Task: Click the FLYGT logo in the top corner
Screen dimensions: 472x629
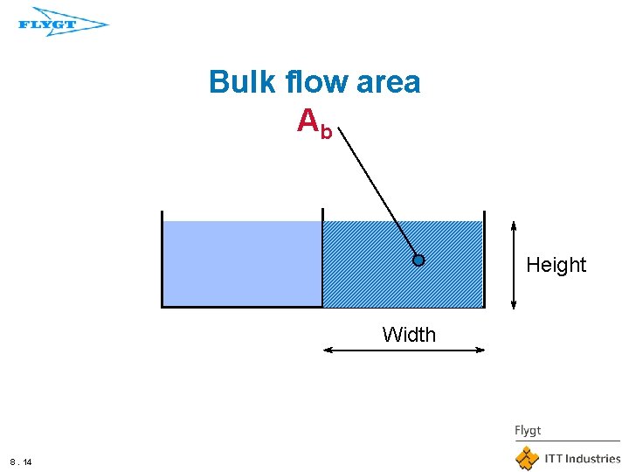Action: point(62,24)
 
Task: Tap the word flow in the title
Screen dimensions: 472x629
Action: point(321,83)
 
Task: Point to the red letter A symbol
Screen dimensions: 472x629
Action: point(308,121)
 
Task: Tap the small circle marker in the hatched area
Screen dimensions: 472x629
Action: point(418,260)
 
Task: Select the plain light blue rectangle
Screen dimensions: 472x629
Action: point(242,263)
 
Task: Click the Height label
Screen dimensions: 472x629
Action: point(556,265)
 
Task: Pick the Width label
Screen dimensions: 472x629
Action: point(408,335)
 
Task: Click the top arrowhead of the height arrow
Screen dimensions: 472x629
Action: point(514,218)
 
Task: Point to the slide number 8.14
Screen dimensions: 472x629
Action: point(21,461)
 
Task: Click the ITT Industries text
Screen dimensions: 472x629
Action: point(582,458)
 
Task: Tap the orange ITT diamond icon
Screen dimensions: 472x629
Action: point(527,458)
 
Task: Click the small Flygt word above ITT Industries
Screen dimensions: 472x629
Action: point(528,430)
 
